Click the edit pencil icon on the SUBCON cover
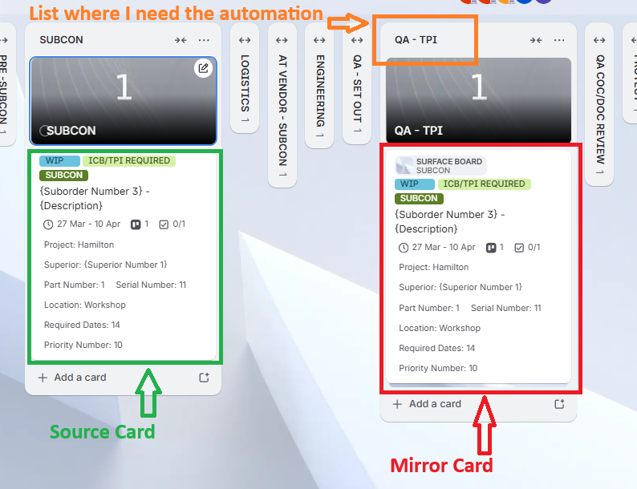(x=204, y=68)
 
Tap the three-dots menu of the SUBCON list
(x=204, y=40)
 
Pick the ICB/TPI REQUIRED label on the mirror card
(x=484, y=184)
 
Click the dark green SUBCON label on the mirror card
(x=419, y=198)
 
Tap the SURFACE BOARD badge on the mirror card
(x=440, y=165)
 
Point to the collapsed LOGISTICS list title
(x=245, y=83)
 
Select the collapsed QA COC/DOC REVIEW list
(x=600, y=101)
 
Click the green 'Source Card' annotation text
(x=102, y=432)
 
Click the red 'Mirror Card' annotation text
(x=441, y=465)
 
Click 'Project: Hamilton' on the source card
(x=79, y=244)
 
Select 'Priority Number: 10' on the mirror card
(x=438, y=368)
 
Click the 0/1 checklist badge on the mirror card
(x=527, y=248)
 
